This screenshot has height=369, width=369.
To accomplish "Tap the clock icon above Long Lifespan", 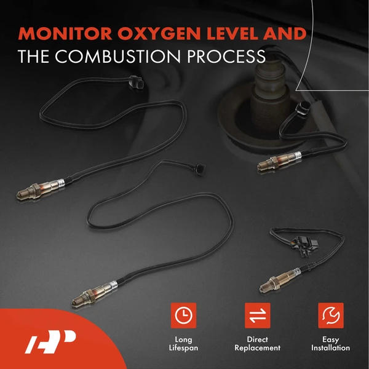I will [183, 315].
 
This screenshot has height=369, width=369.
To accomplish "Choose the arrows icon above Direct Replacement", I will [257, 315].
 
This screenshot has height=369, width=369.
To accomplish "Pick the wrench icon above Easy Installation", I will [331, 315].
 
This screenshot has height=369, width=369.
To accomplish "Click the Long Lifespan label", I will [183, 344].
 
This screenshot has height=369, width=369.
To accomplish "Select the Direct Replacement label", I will [257, 344].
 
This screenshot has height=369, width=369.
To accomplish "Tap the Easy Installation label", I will [331, 344].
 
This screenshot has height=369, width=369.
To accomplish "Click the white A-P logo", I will [50, 340].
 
